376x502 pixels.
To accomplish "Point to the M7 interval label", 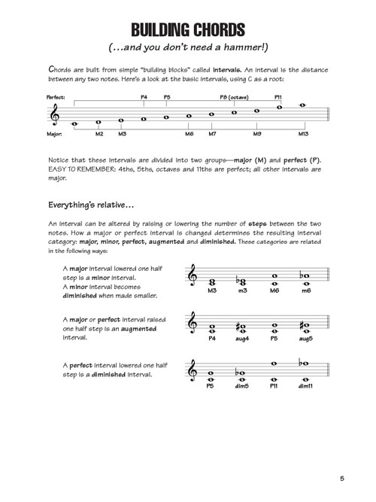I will (x=213, y=134).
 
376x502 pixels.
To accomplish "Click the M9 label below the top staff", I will (x=257, y=134).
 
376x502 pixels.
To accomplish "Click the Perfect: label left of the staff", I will (x=35, y=97).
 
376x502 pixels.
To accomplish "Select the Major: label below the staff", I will (x=33, y=134).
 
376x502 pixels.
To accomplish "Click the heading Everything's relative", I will (x=91, y=204).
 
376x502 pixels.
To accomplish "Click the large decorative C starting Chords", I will (x=50, y=68).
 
